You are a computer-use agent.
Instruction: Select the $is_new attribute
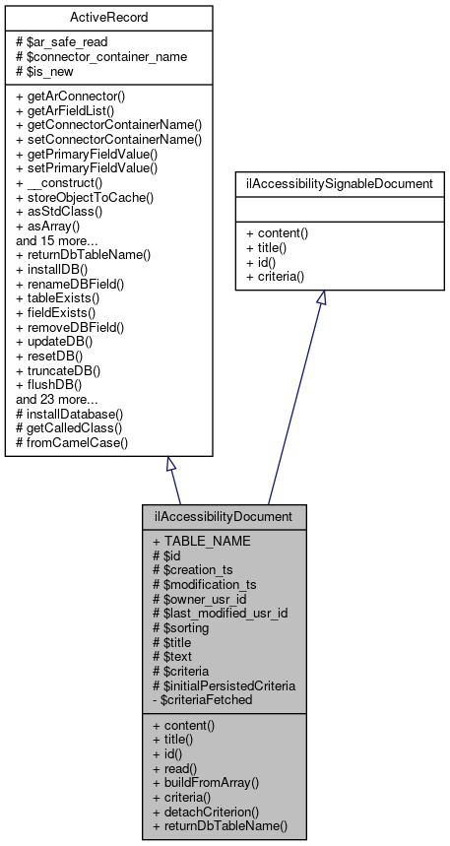pyautogui.click(x=50, y=70)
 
